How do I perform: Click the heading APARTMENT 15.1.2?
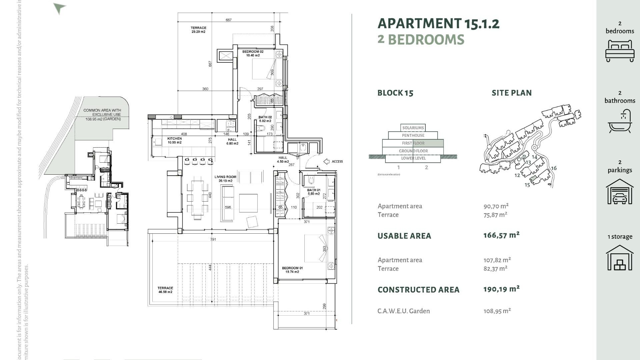pyautogui.click(x=438, y=24)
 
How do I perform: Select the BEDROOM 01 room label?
pyautogui.click(x=292, y=270)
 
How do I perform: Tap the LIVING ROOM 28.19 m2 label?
pyautogui.click(x=225, y=179)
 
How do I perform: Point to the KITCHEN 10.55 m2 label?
pyautogui.click(x=175, y=140)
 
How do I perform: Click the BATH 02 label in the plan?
pyautogui.click(x=265, y=119)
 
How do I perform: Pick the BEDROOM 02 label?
pyautogui.click(x=253, y=53)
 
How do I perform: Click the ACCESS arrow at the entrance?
pyautogui.click(x=327, y=162)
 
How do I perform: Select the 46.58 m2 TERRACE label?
pyautogui.click(x=165, y=290)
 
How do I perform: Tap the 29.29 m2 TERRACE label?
pyautogui.click(x=198, y=30)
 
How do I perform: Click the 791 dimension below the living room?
pyautogui.click(x=213, y=239)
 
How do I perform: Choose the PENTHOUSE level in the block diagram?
pyautogui.click(x=413, y=135)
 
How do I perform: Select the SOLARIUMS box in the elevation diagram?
pyautogui.click(x=413, y=128)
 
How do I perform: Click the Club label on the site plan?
pyautogui.click(x=522, y=157)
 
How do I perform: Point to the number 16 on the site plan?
pyautogui.click(x=554, y=168)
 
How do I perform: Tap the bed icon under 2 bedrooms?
pyautogui.click(x=620, y=51)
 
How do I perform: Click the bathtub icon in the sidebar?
pyautogui.click(x=620, y=122)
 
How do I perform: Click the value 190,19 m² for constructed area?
pyautogui.click(x=501, y=289)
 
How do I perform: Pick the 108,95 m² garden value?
pyautogui.click(x=497, y=311)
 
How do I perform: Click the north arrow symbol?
pyautogui.click(x=59, y=8)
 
